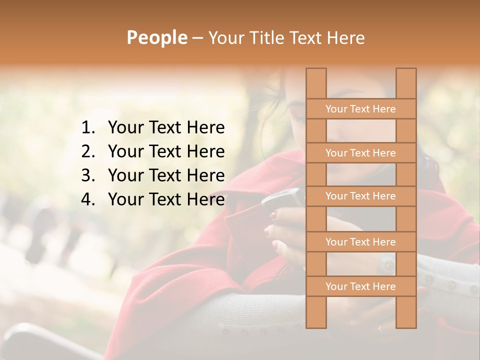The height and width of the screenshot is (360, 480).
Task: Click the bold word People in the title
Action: (x=156, y=37)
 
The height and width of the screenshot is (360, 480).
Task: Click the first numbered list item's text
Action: (x=166, y=128)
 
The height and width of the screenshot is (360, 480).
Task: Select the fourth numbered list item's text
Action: (x=166, y=199)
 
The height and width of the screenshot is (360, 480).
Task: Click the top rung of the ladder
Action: (x=360, y=109)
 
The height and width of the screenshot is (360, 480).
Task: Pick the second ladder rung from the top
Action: (x=360, y=153)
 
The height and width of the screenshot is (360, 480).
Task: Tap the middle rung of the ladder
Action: (x=360, y=196)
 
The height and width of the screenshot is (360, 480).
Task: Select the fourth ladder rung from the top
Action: (x=360, y=242)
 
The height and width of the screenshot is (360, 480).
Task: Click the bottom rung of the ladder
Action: (x=360, y=286)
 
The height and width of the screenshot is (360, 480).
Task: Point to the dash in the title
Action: (x=197, y=38)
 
